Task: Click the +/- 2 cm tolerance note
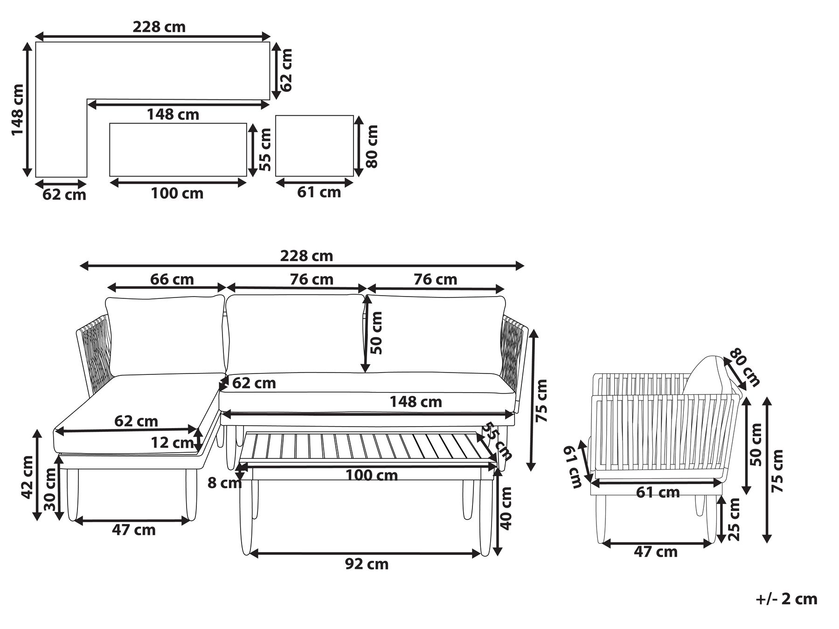pos(786,599)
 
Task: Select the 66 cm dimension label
pos(172,279)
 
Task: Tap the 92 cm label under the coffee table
pos(367,564)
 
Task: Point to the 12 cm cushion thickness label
pos(172,442)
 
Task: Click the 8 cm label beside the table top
pos(225,483)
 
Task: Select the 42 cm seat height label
pos(27,477)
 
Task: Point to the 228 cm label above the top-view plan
pos(159,27)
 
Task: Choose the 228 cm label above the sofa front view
pos(306,256)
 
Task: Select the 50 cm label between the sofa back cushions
pos(376,332)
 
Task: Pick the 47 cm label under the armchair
pos(655,552)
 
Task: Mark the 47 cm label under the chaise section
pos(133,530)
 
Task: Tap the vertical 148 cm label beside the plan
pos(17,110)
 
